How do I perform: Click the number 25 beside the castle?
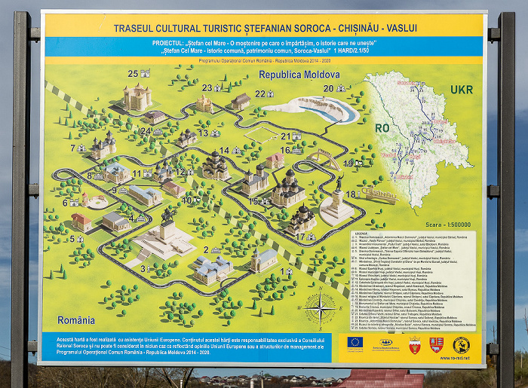click(133, 74)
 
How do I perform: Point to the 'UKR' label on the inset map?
click(462, 90)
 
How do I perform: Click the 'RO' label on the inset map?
click(382, 128)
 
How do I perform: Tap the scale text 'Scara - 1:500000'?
click(448, 225)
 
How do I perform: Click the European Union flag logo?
click(355, 343)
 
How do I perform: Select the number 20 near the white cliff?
click(328, 88)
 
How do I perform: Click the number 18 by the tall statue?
click(350, 194)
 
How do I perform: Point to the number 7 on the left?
click(72, 148)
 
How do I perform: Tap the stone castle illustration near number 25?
click(137, 97)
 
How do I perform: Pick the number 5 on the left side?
click(72, 240)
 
